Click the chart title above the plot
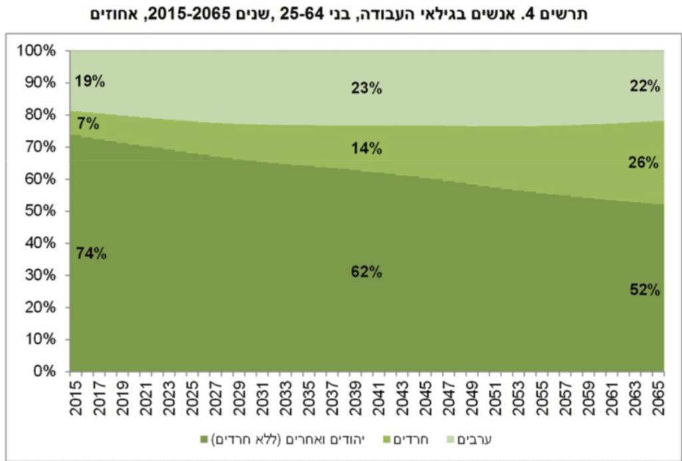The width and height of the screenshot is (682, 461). pyautogui.click(x=340, y=14)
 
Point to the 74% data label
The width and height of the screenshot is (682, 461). pyautogui.click(x=91, y=253)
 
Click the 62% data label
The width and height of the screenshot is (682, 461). pyautogui.click(x=366, y=271)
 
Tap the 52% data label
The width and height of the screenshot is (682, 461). pyautogui.click(x=644, y=290)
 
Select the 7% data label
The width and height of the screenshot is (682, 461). pyautogui.click(x=88, y=123)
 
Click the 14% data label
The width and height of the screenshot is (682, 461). pyautogui.click(x=366, y=149)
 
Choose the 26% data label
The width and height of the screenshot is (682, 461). pyautogui.click(x=643, y=162)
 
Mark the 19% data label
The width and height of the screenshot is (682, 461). pyautogui.click(x=90, y=82)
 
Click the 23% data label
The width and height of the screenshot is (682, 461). pyautogui.click(x=366, y=88)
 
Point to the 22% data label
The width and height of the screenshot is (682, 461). pyautogui.click(x=644, y=85)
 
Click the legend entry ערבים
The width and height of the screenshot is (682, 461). pyautogui.click(x=490, y=440)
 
